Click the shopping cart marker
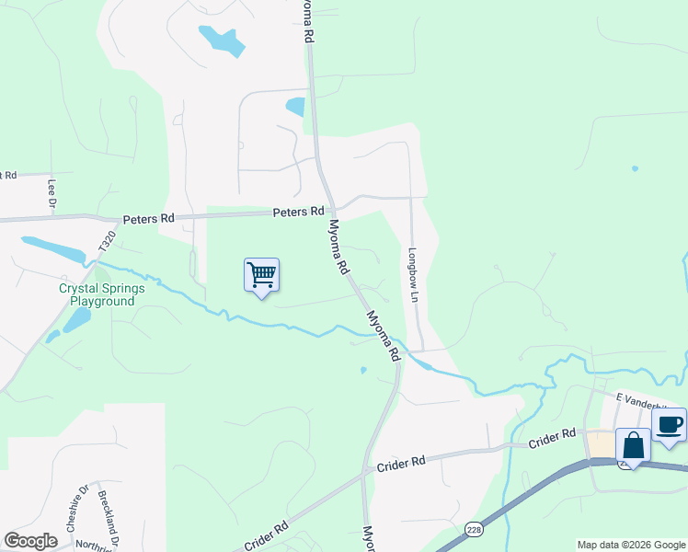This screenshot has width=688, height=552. (x=262, y=274)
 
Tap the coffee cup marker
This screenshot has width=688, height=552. (x=670, y=424)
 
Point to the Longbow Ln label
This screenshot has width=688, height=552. (x=414, y=273)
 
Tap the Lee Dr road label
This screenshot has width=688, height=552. (x=52, y=191)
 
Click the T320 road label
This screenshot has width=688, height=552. (x=108, y=243)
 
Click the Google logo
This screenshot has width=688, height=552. (x=30, y=541)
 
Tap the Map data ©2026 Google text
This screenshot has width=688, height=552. (x=631, y=545)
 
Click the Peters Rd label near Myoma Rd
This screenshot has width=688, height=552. (x=298, y=213)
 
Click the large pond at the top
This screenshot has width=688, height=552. (x=222, y=40)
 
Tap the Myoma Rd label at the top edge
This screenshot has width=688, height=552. (x=308, y=20)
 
